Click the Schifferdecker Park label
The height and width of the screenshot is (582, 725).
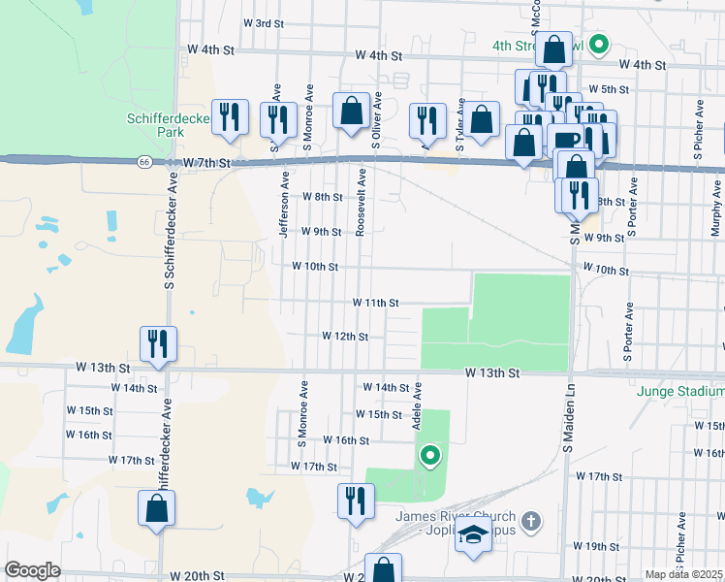156,125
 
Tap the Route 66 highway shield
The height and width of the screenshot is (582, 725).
143,162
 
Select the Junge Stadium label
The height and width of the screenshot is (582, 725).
680,392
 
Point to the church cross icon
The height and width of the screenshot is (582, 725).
529,522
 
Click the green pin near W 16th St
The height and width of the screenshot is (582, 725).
428,453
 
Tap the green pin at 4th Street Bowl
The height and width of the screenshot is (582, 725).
600,43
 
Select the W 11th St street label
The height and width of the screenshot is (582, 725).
376,303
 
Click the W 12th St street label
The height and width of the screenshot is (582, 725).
345,337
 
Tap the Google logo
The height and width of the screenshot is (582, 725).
32,570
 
